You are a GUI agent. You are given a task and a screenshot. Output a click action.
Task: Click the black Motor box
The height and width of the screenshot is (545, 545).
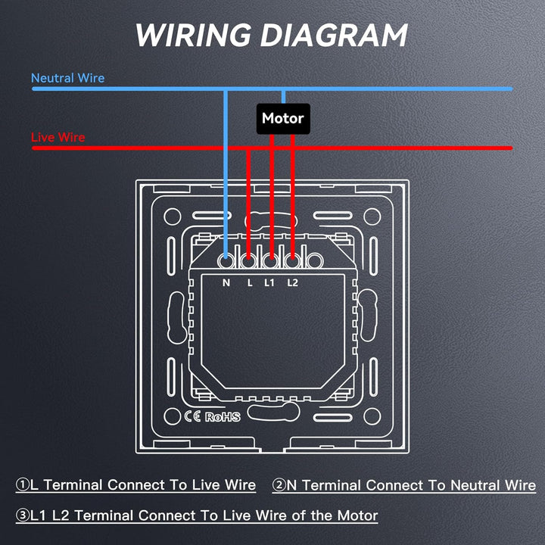tap(283, 119)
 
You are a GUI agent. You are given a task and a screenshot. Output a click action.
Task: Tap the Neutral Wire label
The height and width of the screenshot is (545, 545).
tap(68, 78)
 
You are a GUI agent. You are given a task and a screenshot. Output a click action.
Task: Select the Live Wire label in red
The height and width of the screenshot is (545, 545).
tap(58, 137)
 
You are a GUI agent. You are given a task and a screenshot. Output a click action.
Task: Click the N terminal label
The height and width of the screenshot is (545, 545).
tap(226, 283)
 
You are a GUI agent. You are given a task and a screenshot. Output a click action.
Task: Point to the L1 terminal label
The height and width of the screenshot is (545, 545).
tap(269, 283)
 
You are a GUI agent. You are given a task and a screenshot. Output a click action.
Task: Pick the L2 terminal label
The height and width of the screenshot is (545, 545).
tap(293, 283)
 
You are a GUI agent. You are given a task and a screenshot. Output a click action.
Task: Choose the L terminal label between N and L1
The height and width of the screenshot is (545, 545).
tap(250, 283)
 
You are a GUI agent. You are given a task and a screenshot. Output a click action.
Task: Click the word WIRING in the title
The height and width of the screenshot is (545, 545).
tap(193, 35)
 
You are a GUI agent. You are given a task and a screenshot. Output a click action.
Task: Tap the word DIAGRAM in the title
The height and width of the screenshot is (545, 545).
tap(334, 35)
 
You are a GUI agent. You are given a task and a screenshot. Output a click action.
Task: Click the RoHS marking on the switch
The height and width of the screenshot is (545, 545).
tap(223, 417)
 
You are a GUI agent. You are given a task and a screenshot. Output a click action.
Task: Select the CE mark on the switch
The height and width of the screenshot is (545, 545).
tap(192, 416)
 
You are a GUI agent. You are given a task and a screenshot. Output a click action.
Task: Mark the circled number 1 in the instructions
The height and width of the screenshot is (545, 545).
tap(23, 484)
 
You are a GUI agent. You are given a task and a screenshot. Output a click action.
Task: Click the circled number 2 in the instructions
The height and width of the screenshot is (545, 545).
tap(279, 485)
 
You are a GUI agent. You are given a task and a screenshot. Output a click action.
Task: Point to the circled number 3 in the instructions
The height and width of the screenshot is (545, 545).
tap(23, 515)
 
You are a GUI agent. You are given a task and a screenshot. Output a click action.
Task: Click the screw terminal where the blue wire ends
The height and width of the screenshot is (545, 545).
tap(226, 260)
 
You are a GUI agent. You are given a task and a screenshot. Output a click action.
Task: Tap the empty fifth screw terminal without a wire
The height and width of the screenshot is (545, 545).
tap(315, 260)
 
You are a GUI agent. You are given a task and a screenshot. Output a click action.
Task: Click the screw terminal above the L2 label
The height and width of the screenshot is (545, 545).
tap(293, 260)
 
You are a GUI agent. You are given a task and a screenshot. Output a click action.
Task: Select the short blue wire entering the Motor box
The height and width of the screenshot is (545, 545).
tap(283, 97)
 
